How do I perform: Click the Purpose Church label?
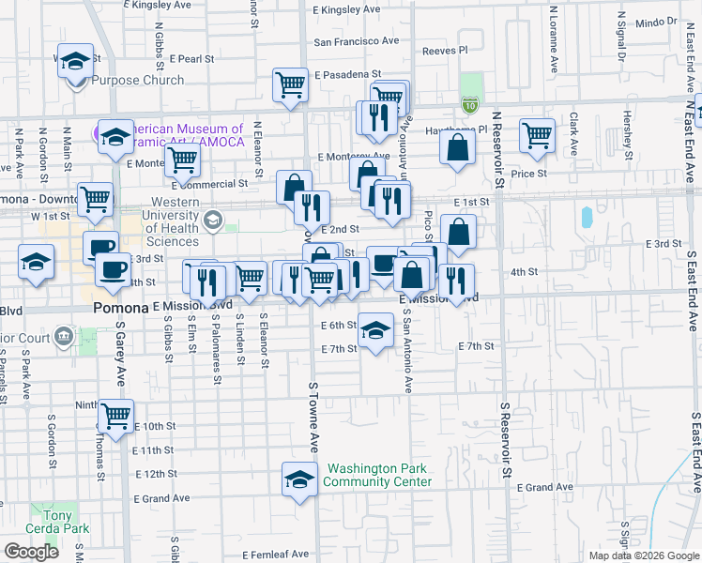tap(137, 81)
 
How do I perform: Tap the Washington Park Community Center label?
tap(377, 475)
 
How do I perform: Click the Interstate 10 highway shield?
tap(469, 105)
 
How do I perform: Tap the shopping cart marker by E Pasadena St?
tap(291, 84)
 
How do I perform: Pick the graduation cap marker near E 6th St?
tap(375, 329)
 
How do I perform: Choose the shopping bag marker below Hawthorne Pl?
tap(457, 147)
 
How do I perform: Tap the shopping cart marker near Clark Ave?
tap(537, 135)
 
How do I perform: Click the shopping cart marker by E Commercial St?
tap(182, 160)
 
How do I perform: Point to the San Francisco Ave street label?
tap(356, 41)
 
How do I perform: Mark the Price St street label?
tap(528, 174)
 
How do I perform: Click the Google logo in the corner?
tap(31, 552)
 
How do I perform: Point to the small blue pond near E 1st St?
tap(588, 218)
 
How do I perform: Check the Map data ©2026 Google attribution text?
tap(643, 555)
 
